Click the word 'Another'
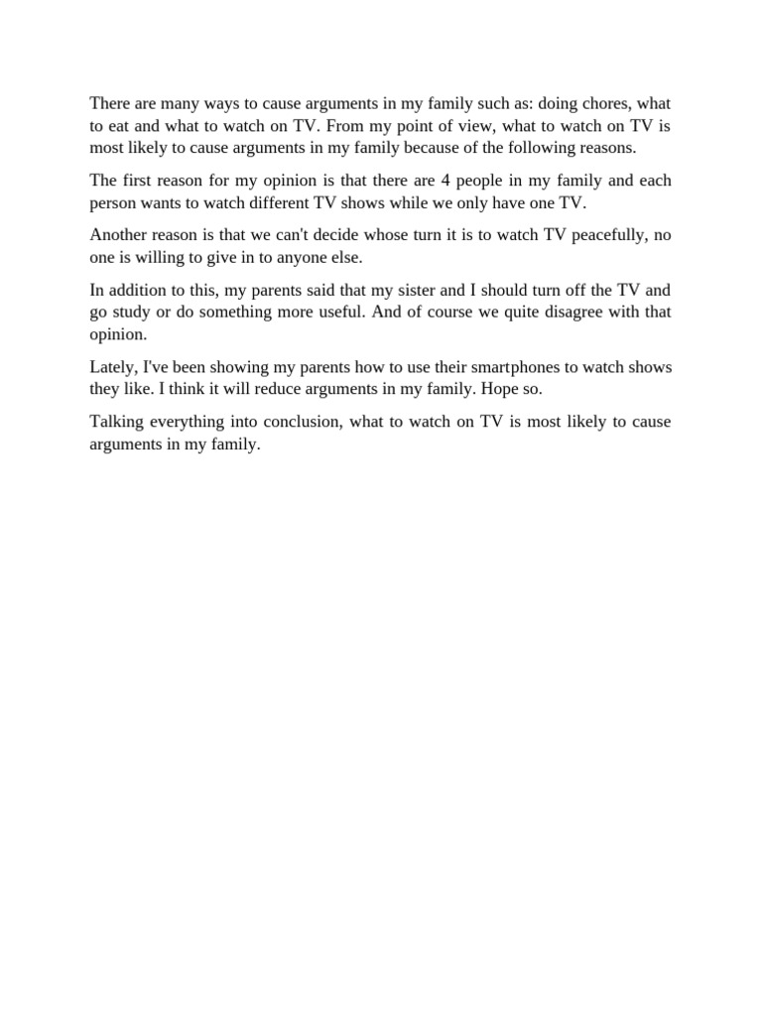pyautogui.click(x=119, y=235)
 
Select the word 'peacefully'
pyautogui.click(x=580, y=235)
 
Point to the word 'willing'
pyautogui.click(x=161, y=257)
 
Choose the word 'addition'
pyautogui.click(x=141, y=290)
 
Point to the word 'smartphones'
pyautogui.click(x=513, y=367)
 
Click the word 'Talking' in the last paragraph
pyautogui.click(x=116, y=422)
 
